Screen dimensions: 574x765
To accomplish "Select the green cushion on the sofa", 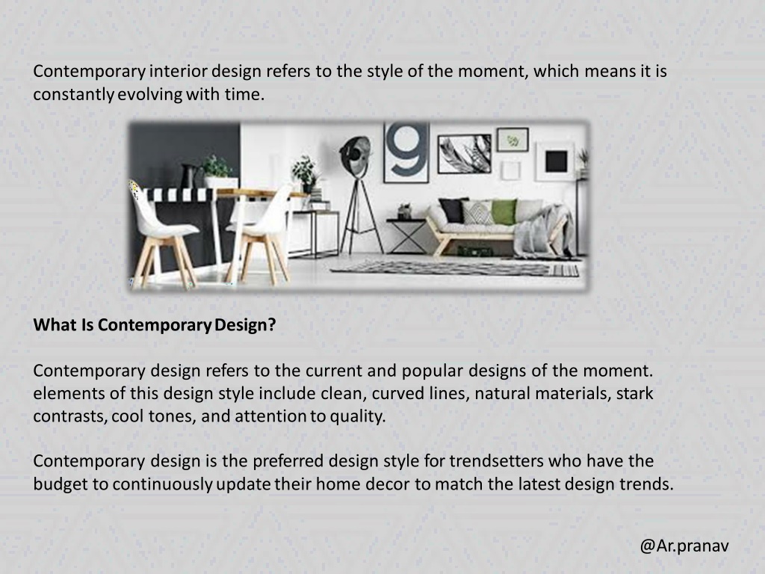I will [504, 212].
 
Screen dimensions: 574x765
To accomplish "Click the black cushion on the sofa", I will [452, 209].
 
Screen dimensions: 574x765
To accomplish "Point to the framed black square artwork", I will [555, 161].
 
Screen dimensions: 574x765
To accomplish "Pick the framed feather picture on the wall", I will [464, 153].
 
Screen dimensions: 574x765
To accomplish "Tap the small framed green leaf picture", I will [512, 140].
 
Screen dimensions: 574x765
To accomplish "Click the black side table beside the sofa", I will [406, 234].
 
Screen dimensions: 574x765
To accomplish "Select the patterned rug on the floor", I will [456, 268].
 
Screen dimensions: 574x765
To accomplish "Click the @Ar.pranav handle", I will [684, 546].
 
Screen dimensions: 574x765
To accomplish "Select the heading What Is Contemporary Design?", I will [155, 326].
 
